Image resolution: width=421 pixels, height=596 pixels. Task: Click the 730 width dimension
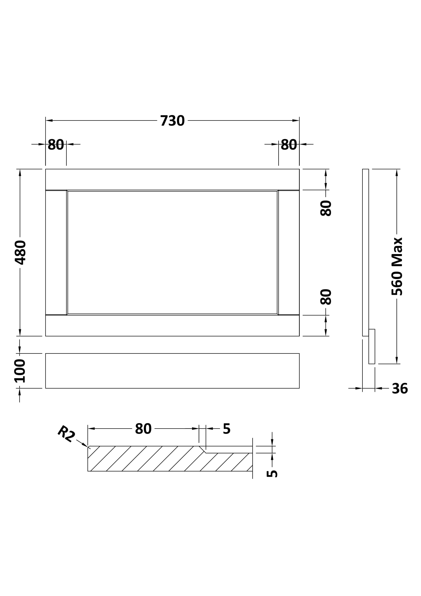172,121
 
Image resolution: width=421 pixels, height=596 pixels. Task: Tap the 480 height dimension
20,253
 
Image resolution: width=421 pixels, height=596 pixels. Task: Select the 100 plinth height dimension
20,371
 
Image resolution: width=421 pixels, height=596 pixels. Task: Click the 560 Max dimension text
397,266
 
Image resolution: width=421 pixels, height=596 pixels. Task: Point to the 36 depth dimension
400,389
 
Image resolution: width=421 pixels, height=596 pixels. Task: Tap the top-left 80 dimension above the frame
56,144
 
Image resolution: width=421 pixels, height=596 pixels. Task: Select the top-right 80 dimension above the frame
289,144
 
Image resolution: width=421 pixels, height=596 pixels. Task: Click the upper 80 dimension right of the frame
326,208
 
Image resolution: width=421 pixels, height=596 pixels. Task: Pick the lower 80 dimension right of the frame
326,297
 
